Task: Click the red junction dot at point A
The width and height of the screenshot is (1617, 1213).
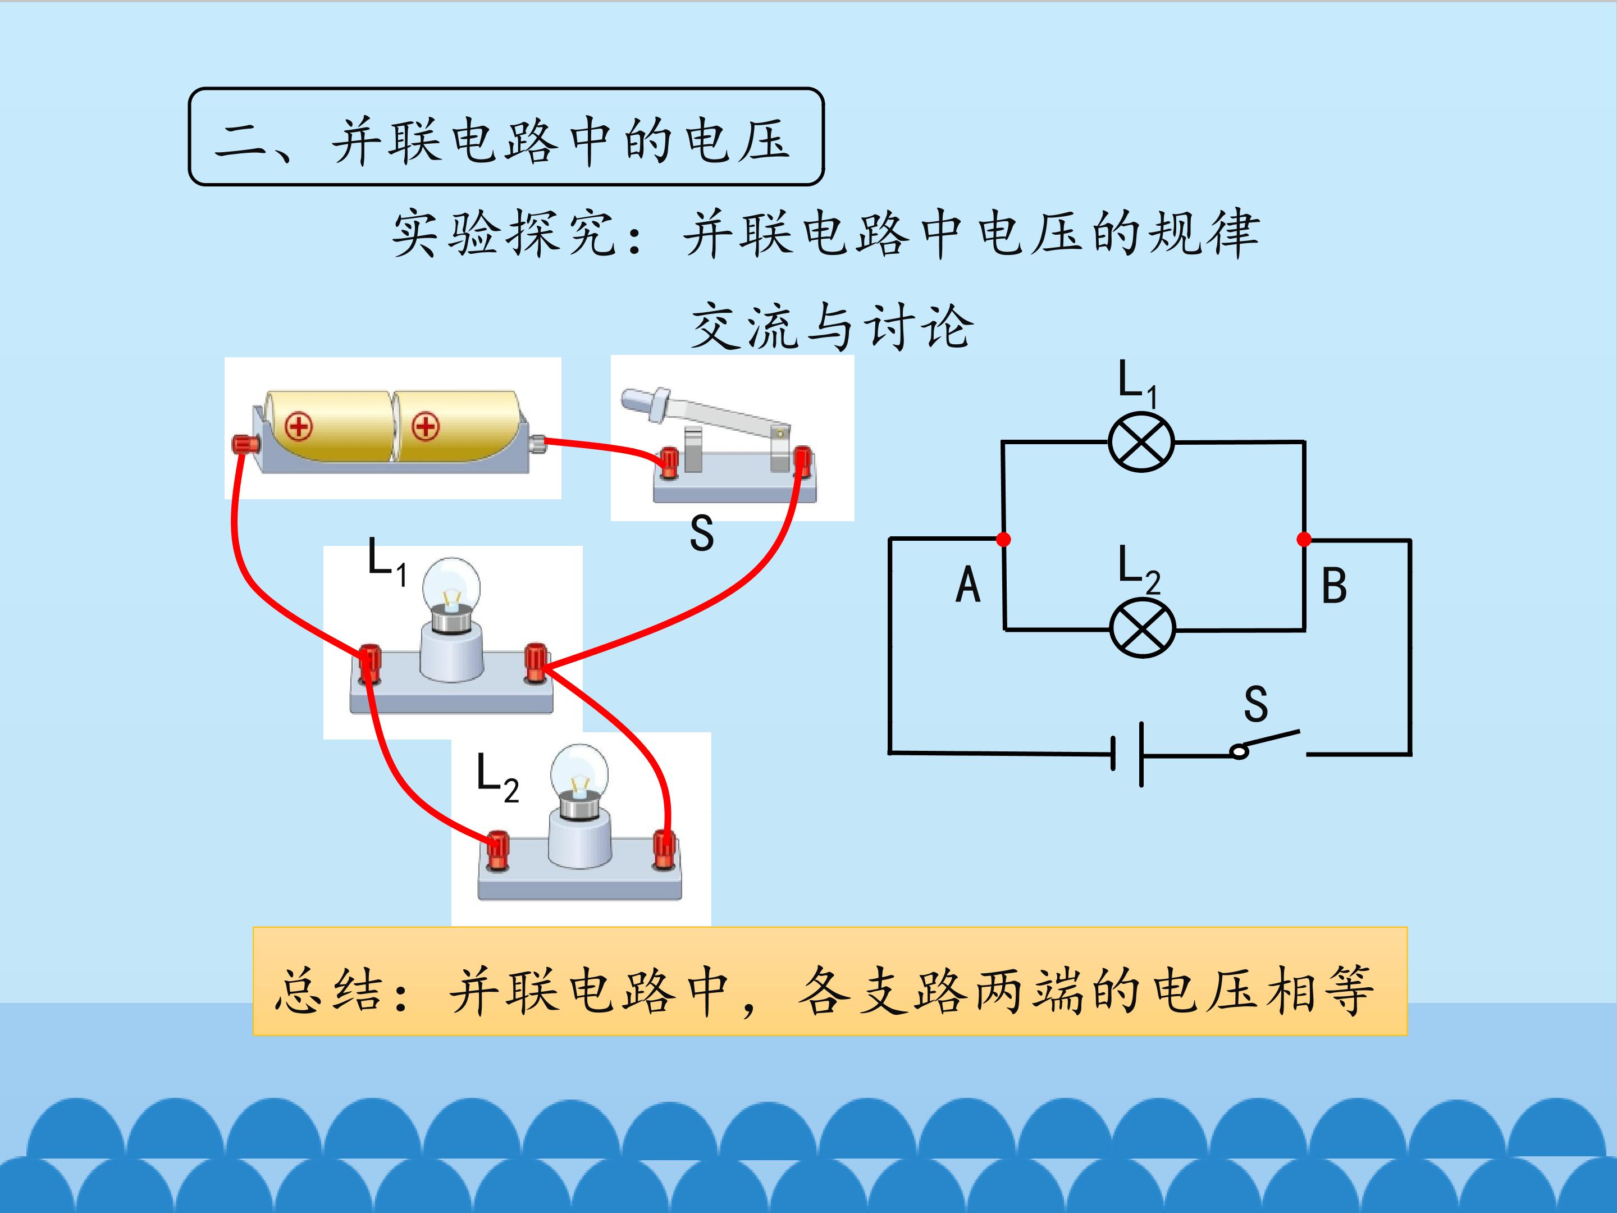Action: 1004,539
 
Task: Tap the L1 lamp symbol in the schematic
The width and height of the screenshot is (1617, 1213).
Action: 1141,443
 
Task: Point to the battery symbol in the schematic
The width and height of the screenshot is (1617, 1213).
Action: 1127,753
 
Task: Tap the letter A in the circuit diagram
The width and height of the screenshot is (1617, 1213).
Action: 968,585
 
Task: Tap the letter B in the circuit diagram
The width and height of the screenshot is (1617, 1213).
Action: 1334,586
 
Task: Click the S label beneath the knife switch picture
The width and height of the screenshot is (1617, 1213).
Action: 701,533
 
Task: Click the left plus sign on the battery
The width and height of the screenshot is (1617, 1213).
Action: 298,426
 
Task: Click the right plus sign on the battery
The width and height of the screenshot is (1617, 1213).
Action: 426,426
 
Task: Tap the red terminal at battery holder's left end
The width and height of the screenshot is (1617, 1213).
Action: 244,443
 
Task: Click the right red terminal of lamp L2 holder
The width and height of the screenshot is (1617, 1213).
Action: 664,848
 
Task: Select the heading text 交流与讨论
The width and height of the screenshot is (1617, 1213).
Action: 832,326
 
